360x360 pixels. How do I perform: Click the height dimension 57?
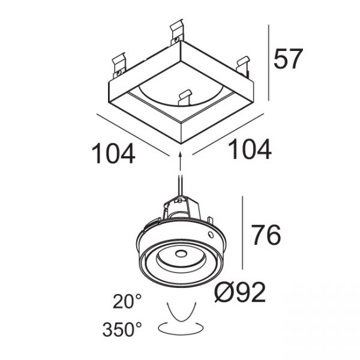click(288, 59)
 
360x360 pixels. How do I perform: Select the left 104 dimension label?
click(113, 154)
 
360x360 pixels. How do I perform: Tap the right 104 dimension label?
click(250, 149)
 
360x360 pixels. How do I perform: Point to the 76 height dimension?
click(266, 235)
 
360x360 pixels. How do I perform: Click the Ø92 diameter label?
click(240, 292)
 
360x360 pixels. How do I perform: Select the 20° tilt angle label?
click(127, 301)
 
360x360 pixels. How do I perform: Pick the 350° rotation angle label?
click(122, 329)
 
